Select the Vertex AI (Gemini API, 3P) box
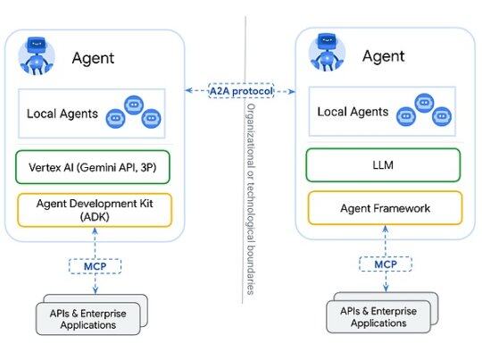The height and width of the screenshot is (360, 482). point(94,167)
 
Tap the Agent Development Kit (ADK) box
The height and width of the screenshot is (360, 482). point(94,209)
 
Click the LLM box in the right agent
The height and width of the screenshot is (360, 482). point(383,164)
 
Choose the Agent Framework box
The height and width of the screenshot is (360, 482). point(383,207)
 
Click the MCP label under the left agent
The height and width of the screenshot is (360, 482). point(94,265)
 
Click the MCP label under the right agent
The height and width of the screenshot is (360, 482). point(385,264)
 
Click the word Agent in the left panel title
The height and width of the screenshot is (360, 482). point(93,59)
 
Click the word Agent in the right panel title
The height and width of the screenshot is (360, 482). point(383,56)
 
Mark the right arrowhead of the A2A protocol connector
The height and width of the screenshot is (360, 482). point(293,90)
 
